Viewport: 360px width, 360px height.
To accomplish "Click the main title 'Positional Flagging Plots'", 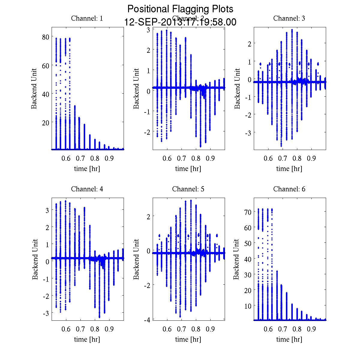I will point(180,9).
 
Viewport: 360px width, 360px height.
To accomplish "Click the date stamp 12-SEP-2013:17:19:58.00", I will point(180,22).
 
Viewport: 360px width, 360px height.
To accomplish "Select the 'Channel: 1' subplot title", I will point(87,18).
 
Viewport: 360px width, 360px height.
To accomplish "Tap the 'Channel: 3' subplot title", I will point(289,18).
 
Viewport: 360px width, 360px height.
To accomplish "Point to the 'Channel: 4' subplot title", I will point(87,189).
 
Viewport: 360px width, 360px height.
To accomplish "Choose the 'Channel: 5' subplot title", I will point(188,189).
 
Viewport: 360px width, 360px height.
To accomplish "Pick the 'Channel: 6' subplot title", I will point(289,189).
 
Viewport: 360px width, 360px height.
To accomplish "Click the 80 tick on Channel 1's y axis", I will point(46,37).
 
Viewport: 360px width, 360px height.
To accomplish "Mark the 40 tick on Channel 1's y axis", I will point(46,94).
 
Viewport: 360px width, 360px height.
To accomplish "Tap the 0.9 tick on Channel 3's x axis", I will point(312,158).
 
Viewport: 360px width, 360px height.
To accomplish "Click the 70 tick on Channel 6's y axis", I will point(247,212).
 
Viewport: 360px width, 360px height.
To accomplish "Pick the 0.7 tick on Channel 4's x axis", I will point(80,329).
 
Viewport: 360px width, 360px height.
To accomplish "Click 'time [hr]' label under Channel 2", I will point(188,169).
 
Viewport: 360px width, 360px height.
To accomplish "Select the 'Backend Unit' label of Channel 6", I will point(237,259).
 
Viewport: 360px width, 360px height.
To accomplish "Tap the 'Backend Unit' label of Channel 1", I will point(34,88).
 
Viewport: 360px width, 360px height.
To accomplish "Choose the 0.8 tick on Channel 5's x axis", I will point(196,329).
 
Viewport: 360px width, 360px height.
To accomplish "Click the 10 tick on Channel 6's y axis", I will point(247,306).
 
